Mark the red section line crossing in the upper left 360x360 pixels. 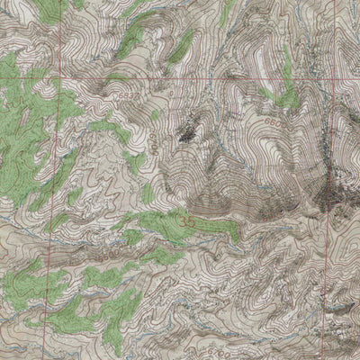[62, 77]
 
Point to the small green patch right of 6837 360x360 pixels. [156, 114]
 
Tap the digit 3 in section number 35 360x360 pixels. [184, 219]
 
